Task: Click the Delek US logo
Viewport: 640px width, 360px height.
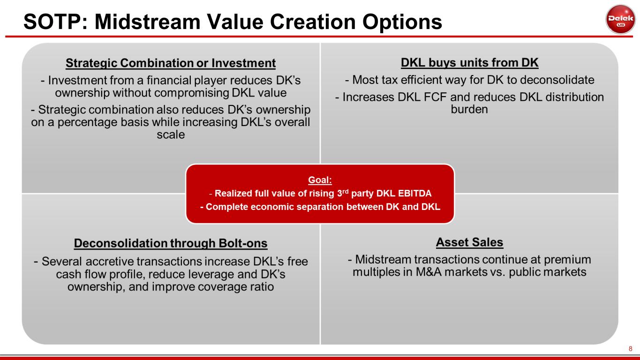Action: [620, 19]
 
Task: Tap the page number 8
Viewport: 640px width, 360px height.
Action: [630, 349]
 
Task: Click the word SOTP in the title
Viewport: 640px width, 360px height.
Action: [53, 22]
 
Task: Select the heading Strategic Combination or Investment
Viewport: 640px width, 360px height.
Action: [171, 63]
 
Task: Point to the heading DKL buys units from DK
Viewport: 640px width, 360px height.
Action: [469, 62]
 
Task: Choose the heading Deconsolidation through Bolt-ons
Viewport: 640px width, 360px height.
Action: [171, 243]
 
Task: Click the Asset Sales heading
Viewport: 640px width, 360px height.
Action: [469, 242]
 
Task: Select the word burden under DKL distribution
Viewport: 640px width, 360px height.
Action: [469, 109]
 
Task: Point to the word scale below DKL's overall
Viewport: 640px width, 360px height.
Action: [171, 135]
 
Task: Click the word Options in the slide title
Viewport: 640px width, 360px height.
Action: [402, 22]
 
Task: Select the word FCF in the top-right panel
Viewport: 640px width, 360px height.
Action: [435, 97]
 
